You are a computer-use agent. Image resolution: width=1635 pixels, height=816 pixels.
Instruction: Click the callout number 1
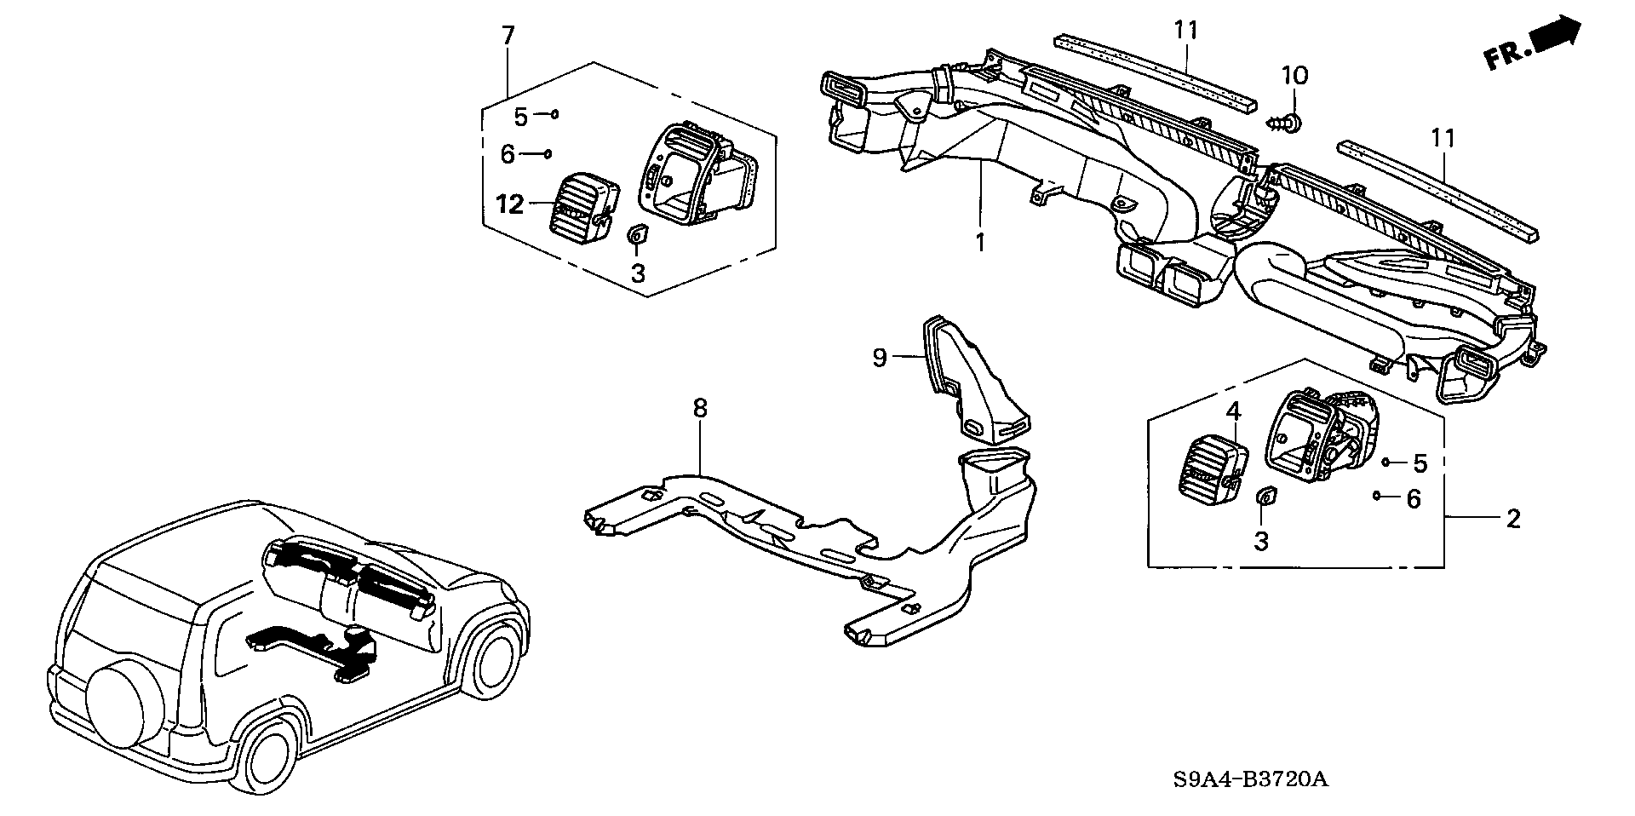coord(980,243)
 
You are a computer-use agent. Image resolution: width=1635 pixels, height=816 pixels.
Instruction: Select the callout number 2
coord(1512,518)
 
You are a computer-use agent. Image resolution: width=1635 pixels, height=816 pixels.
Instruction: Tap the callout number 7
coord(508,37)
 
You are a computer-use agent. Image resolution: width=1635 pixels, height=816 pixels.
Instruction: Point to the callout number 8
coord(699,409)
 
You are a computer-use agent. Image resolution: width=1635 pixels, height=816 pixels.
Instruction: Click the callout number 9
coord(880,358)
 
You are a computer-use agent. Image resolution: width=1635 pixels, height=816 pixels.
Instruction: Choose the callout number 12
coord(511,205)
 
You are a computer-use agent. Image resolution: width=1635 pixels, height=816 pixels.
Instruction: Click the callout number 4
coord(1233,412)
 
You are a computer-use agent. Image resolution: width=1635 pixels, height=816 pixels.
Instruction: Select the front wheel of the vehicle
coord(493,652)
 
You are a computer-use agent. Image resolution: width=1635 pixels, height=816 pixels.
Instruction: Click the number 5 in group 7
coord(520,115)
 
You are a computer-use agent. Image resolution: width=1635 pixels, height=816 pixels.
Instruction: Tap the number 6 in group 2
coord(1414,499)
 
